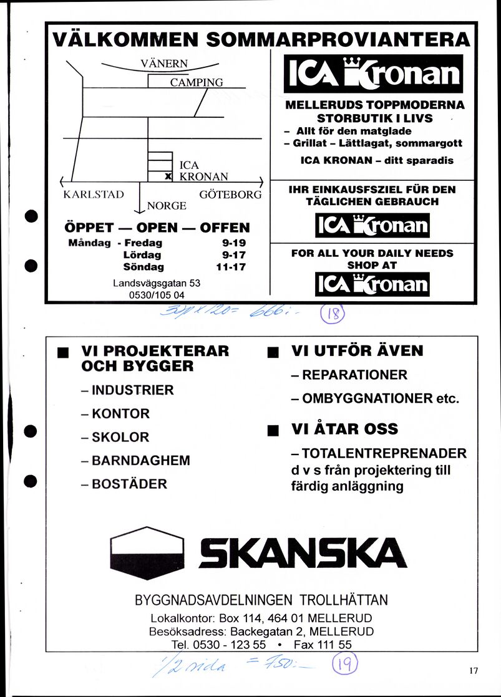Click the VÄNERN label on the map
(x=164, y=63)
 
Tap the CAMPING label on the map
(x=197, y=82)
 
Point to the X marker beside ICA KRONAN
(x=167, y=177)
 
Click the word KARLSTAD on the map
(x=94, y=194)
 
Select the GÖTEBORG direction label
(x=230, y=194)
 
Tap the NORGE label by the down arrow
(x=167, y=206)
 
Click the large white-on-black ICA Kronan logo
(x=373, y=74)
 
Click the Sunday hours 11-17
(x=231, y=267)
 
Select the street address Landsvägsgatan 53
(x=157, y=282)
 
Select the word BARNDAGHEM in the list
(x=141, y=461)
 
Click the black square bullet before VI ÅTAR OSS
(x=271, y=430)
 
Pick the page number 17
(x=473, y=671)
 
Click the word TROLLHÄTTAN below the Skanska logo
(x=344, y=600)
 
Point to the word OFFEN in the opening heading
(x=225, y=228)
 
